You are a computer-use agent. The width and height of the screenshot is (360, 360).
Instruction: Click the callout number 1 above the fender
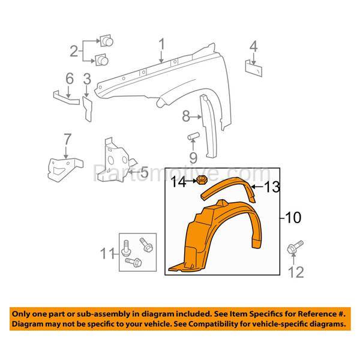162,44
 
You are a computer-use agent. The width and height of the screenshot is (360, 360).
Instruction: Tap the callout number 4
253,47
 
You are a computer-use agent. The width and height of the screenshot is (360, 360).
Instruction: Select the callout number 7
67,140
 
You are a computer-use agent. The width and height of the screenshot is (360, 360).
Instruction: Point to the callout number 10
293,218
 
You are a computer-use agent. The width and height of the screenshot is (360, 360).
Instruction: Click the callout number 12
296,272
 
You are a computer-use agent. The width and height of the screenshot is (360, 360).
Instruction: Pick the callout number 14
179,182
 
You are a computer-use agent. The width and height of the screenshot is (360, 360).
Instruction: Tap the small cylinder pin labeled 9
193,137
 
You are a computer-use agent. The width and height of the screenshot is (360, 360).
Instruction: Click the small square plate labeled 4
254,68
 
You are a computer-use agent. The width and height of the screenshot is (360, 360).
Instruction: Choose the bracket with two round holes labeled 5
115,161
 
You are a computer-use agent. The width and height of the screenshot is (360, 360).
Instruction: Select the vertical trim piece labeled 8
209,126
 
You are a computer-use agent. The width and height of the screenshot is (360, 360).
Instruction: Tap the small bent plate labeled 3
87,109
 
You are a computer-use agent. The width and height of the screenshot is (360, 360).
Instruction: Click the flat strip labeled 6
67,98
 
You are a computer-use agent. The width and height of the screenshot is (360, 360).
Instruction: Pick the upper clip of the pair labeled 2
107,41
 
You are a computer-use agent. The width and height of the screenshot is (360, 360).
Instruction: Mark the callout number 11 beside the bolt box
107,253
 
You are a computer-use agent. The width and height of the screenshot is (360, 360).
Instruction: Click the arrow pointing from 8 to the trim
196,117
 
